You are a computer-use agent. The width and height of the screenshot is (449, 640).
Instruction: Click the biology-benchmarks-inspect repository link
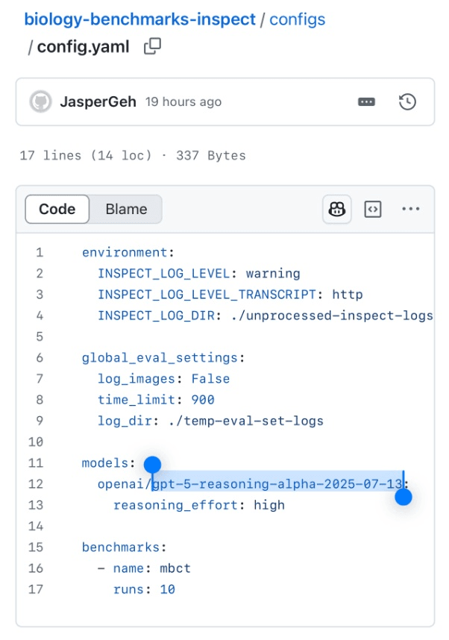[139, 19]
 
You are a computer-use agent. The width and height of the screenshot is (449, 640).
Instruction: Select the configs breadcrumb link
[297, 19]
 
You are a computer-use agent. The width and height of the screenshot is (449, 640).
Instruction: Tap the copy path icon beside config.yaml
[152, 46]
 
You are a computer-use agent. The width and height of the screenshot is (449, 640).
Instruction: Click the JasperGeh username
[98, 101]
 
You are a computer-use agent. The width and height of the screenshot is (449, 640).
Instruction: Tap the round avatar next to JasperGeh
[40, 101]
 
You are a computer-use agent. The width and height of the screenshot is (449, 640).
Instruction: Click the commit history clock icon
[407, 101]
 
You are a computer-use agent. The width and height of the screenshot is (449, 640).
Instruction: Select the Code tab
[57, 209]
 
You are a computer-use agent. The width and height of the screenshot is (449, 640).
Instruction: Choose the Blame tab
[126, 209]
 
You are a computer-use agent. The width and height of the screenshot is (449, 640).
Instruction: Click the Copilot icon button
[337, 210]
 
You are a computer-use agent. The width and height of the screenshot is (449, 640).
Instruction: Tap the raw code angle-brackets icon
[373, 210]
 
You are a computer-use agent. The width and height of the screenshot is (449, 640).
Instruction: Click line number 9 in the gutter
[40, 421]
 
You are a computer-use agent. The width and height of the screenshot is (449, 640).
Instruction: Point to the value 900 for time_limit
[203, 400]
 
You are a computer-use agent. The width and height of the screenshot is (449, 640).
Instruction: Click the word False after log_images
[210, 379]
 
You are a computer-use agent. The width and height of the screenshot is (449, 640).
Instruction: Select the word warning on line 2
[274, 274]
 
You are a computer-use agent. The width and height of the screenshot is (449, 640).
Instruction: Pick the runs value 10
[167, 589]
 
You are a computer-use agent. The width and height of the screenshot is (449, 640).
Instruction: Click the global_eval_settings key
[160, 358]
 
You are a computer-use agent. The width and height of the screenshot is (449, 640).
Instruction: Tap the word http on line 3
[348, 295]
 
